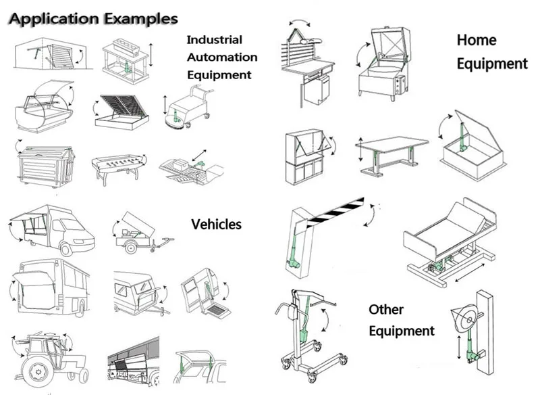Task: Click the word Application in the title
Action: [55, 19]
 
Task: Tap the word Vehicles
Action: [216, 225]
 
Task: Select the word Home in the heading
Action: [477, 40]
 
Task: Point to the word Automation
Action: [222, 57]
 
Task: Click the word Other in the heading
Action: [385, 310]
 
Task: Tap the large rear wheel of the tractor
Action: [37, 371]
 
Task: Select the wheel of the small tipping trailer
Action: [131, 248]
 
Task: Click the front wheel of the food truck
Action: [66, 248]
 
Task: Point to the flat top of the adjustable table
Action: [391, 144]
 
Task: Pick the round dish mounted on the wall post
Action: [464, 320]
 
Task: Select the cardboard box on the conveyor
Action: [180, 164]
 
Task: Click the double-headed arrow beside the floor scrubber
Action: [165, 106]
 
